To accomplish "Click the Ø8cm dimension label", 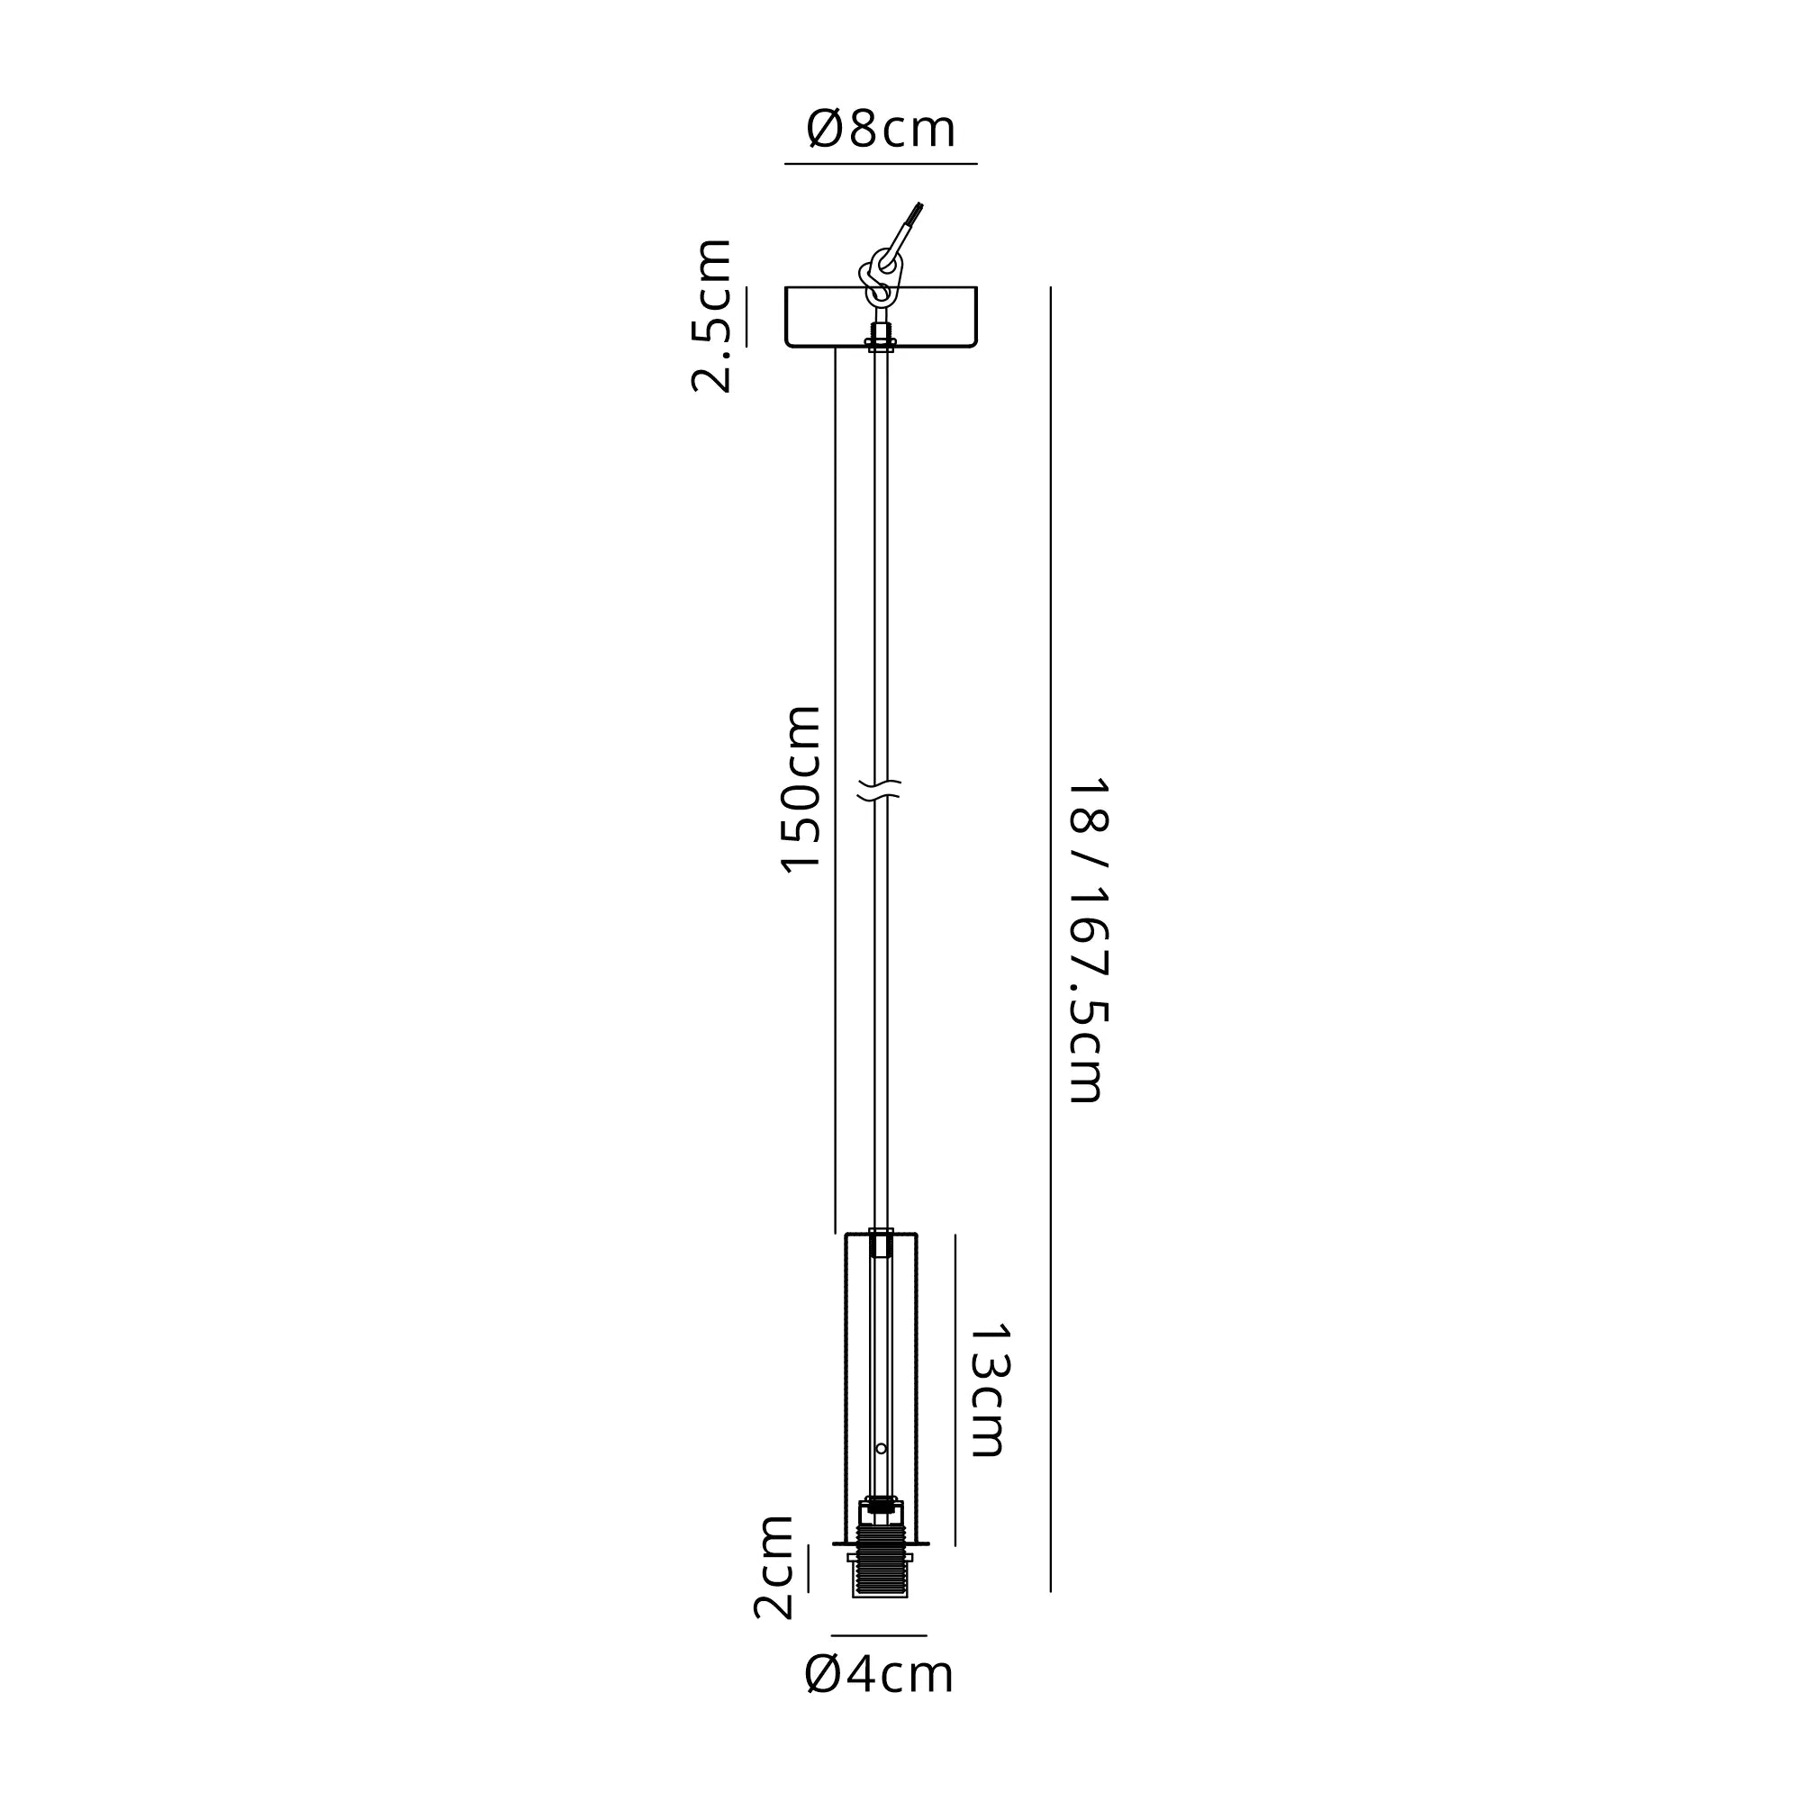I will pyautogui.click(x=881, y=130).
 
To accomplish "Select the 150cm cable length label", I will pyautogui.click(x=800, y=789).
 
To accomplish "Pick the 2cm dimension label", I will pyautogui.click(x=774, y=1567).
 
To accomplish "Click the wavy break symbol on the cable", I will pyautogui.click(x=880, y=791).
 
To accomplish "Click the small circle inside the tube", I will pyautogui.click(x=881, y=1448).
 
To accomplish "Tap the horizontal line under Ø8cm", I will pyautogui.click(x=880, y=164).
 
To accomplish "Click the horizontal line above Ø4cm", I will pyautogui.click(x=879, y=1635).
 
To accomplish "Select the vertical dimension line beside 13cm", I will pyautogui.click(x=955, y=1389).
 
